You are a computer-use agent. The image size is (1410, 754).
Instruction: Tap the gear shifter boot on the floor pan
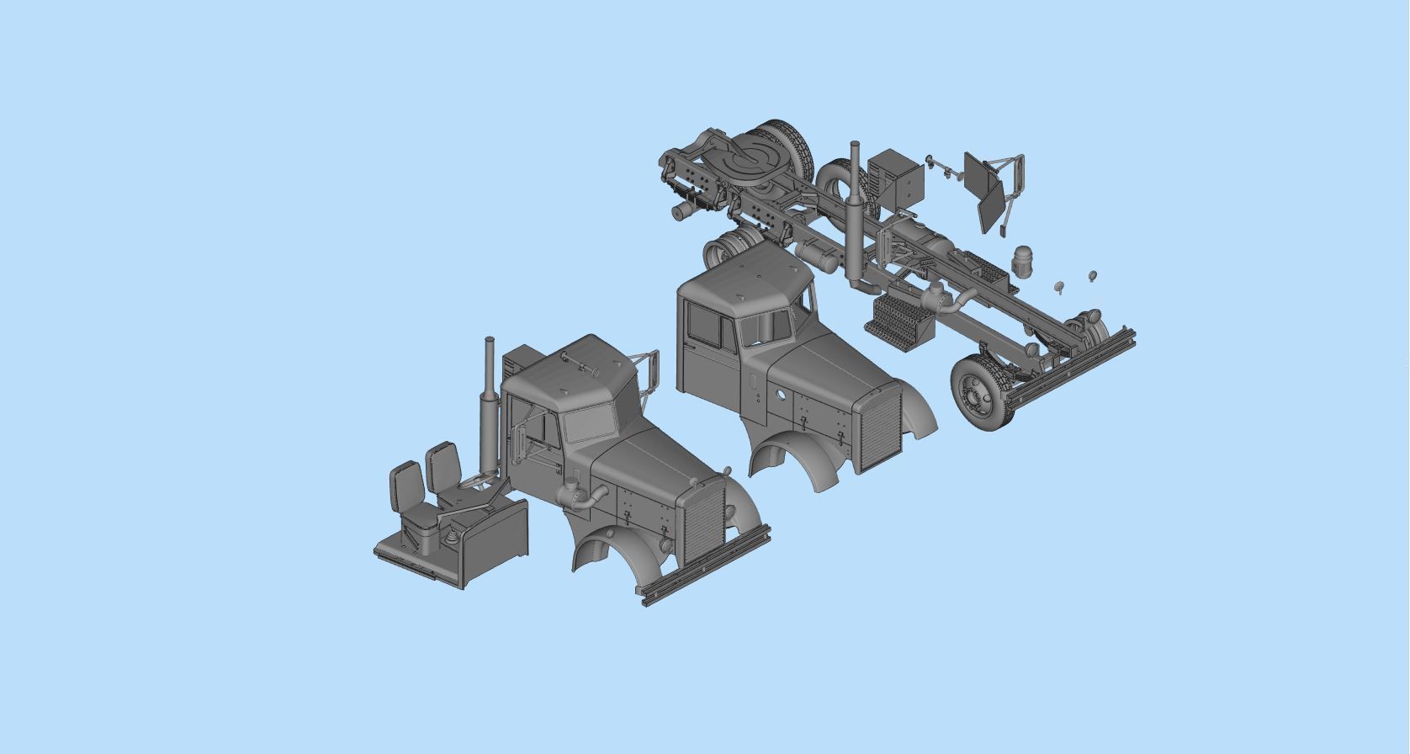coord(452,535)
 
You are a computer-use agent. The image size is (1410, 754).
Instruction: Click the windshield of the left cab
coord(590,422)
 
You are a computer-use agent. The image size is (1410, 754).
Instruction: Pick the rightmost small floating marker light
coord(1093,275)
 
